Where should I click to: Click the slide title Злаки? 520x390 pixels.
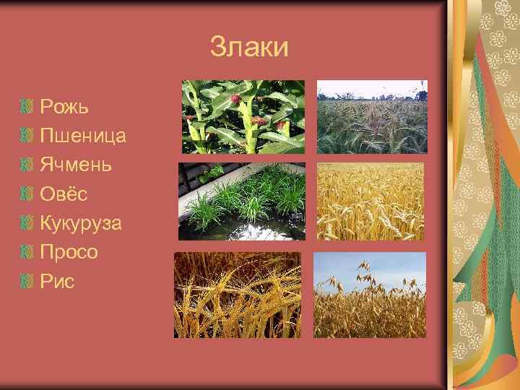(249, 48)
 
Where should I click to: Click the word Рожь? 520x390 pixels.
(64, 107)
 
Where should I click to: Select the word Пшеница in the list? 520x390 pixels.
(83, 136)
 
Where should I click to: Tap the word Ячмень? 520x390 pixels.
(76, 165)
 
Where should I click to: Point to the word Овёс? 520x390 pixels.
(64, 194)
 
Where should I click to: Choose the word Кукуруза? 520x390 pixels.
(81, 223)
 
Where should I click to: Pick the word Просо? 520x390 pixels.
(69, 252)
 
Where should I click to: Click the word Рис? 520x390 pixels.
(57, 281)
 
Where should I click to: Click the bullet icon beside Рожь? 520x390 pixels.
(28, 107)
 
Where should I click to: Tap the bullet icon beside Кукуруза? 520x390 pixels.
(28, 223)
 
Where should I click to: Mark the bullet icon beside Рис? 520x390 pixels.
(28, 281)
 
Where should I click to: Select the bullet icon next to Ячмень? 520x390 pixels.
(28, 165)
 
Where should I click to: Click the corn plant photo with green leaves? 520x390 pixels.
(243, 117)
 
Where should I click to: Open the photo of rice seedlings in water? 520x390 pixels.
(242, 201)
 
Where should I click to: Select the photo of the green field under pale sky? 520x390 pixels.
(372, 117)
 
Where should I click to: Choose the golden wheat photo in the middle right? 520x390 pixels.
(370, 201)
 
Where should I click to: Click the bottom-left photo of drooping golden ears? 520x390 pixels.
(238, 295)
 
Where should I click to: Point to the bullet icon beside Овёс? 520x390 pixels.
(28, 194)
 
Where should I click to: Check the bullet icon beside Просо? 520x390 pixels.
(28, 252)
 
